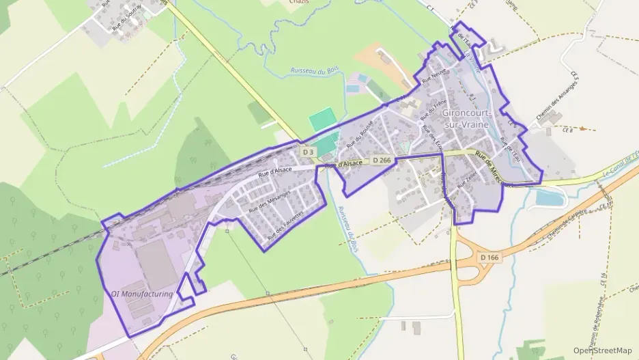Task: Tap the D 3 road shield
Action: pyautogui.click(x=308, y=152)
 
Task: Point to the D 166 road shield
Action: pyautogui.click(x=489, y=257)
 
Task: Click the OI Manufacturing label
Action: pyautogui.click(x=142, y=294)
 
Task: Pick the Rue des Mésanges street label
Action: pyautogui.click(x=269, y=199)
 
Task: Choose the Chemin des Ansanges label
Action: pyautogui.click(x=556, y=102)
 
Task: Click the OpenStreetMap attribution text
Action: pyautogui.click(x=602, y=350)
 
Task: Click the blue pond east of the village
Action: pyautogui.click(x=550, y=198)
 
